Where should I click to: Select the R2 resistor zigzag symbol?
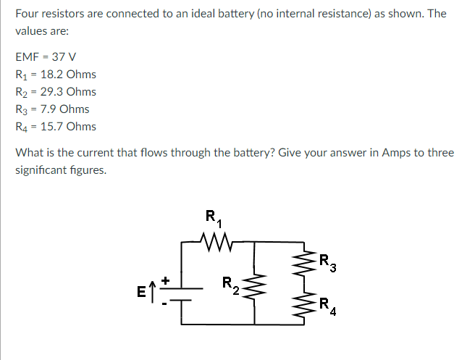tap(254, 287)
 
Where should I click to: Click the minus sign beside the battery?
tap(165, 304)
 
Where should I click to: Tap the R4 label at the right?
tap(328, 307)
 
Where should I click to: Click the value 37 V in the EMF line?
tap(62, 57)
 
